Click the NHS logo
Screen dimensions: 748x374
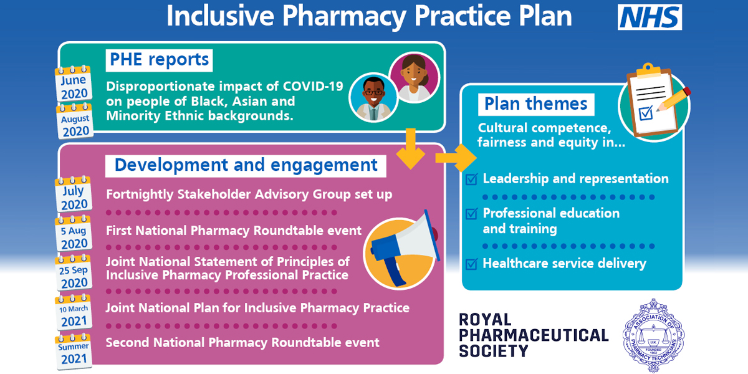click(650, 17)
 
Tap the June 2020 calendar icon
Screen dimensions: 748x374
click(74, 84)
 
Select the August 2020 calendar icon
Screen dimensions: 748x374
click(75, 121)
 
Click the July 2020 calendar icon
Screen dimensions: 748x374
click(74, 194)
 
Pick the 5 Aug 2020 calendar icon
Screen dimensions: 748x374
click(74, 233)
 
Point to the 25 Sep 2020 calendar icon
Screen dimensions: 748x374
click(74, 272)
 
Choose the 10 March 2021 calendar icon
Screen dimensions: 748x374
click(74, 312)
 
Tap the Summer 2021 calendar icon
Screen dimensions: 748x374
click(74, 352)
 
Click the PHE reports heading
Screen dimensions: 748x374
click(159, 60)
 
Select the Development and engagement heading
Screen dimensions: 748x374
click(246, 166)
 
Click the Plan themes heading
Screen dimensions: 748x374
click(536, 105)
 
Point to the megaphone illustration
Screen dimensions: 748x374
click(401, 251)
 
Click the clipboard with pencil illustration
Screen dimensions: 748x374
click(654, 101)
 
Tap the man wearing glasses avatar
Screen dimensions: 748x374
click(373, 98)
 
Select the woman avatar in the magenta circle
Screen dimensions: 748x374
click(415, 77)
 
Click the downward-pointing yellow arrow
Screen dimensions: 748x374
click(410, 149)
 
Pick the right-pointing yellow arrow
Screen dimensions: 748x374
click(456, 158)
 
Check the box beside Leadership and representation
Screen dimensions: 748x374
click(471, 179)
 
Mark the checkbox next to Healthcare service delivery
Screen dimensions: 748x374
click(471, 264)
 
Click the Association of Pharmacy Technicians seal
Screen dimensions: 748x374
click(653, 335)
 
